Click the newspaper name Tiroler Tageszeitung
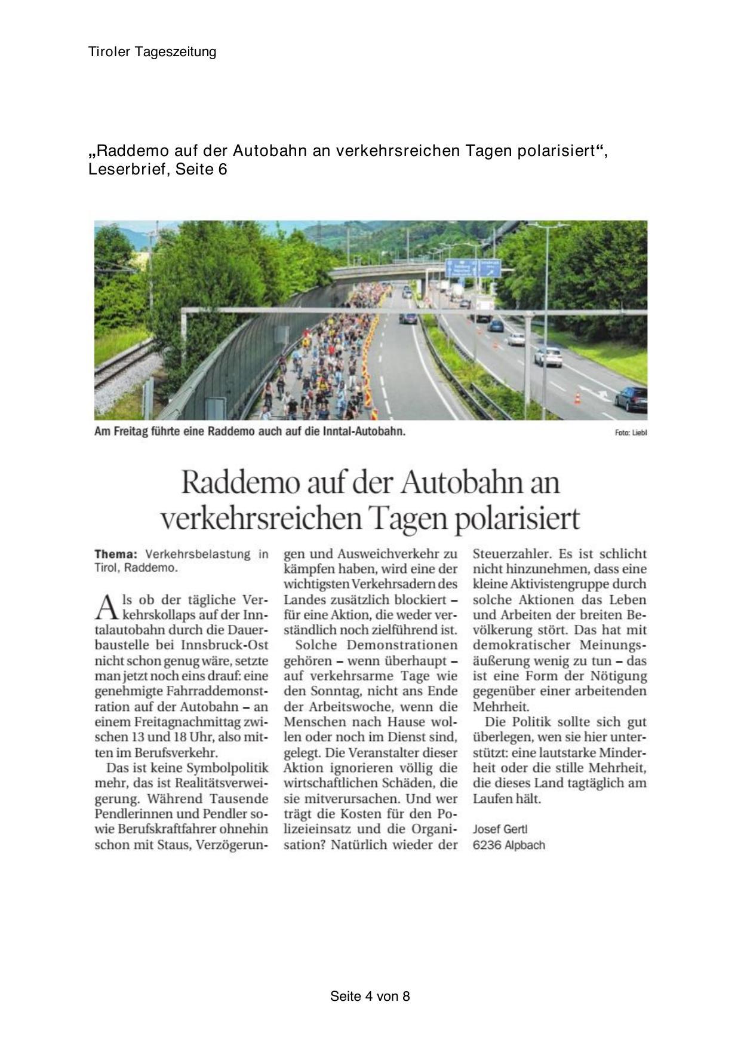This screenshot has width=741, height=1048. pos(152,52)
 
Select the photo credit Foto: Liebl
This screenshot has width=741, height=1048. pos(631,432)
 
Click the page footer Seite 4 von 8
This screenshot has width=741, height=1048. pos(370,996)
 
